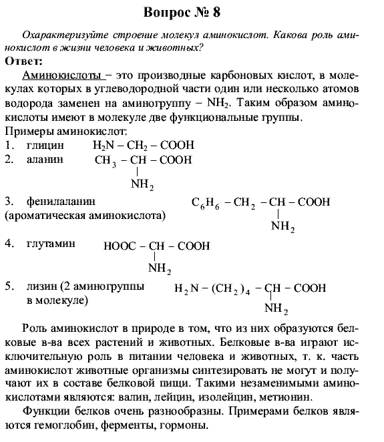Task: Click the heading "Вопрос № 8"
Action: coord(192,13)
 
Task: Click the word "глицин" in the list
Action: coord(45,145)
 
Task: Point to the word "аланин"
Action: coord(45,160)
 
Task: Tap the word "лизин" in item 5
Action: coord(40,286)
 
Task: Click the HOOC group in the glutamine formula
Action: coord(118,246)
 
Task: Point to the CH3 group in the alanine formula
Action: coord(106,161)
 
